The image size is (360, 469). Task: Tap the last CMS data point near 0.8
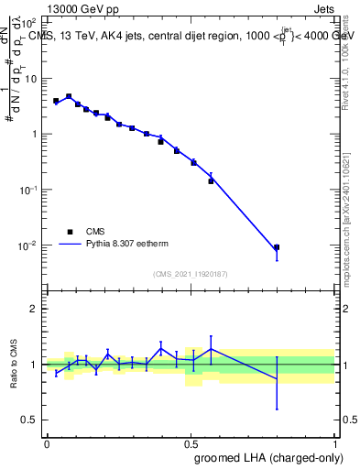(276, 247)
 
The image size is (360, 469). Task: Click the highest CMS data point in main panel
(70, 96)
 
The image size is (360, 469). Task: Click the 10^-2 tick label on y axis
(29, 245)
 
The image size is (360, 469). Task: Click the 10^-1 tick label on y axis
(29, 190)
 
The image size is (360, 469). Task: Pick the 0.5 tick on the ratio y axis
(32, 420)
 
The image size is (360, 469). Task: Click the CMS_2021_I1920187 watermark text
(191, 273)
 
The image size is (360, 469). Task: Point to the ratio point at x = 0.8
(276, 379)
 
